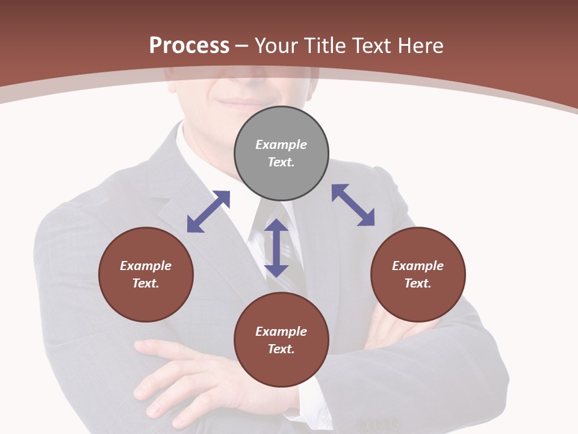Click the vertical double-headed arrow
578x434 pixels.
coord(276,248)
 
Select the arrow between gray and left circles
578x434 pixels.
coord(208,212)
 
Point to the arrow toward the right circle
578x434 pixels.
coord(353,205)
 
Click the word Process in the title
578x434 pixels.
coord(189,45)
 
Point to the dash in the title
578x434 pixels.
coord(242,46)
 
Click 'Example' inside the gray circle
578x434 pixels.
coord(281,145)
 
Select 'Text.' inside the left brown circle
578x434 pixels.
coord(146,283)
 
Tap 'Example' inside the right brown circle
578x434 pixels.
coord(418,266)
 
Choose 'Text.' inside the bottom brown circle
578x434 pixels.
coord(281,349)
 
